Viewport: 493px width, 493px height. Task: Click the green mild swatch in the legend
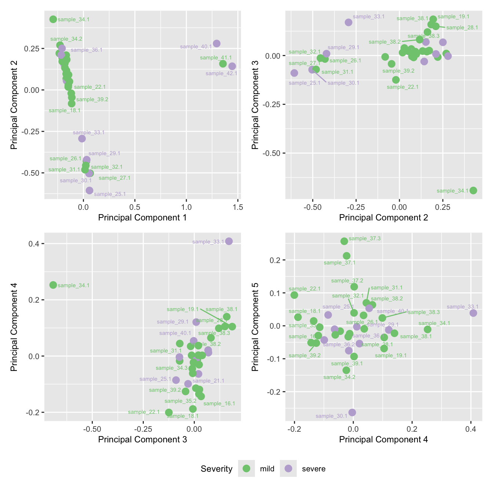click(x=246, y=469)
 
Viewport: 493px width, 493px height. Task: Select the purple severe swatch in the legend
click(x=288, y=469)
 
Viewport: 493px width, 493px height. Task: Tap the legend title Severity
click(x=216, y=469)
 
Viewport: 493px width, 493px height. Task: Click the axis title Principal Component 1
click(x=142, y=218)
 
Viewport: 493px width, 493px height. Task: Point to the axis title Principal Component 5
click(x=255, y=327)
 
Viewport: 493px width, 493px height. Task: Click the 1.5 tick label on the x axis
click(x=238, y=207)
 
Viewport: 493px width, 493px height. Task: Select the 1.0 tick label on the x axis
click(x=186, y=207)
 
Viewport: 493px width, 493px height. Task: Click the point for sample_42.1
click(x=232, y=66)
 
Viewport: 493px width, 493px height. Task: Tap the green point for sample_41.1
click(x=223, y=64)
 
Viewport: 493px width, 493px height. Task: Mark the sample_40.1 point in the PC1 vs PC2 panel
click(x=217, y=44)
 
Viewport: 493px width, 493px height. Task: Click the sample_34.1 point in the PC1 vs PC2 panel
click(x=53, y=19)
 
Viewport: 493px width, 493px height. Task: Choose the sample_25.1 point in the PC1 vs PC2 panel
click(x=90, y=190)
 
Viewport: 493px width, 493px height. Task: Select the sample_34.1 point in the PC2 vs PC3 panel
click(x=473, y=190)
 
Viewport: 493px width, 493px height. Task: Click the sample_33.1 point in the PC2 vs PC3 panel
click(x=348, y=22)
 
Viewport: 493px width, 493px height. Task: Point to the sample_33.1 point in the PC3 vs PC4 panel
click(x=229, y=241)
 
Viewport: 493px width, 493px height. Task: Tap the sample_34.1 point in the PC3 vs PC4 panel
click(x=53, y=285)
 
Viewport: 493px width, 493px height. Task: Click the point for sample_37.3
click(x=344, y=241)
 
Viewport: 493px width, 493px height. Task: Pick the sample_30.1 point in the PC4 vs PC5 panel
click(x=352, y=412)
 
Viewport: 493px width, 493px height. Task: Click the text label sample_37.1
click(x=340, y=263)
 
